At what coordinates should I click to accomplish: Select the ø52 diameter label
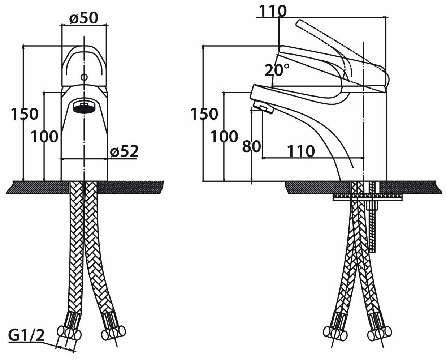(124, 151)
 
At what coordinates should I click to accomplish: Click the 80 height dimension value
(251, 147)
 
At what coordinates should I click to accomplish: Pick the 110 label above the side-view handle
(272, 12)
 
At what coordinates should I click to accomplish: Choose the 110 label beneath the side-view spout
(301, 151)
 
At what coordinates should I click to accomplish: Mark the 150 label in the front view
(24, 114)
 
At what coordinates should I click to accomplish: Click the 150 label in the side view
(204, 114)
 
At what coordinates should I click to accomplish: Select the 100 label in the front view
(44, 137)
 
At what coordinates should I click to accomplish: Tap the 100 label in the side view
(224, 137)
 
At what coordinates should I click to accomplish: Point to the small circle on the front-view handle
(84, 77)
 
